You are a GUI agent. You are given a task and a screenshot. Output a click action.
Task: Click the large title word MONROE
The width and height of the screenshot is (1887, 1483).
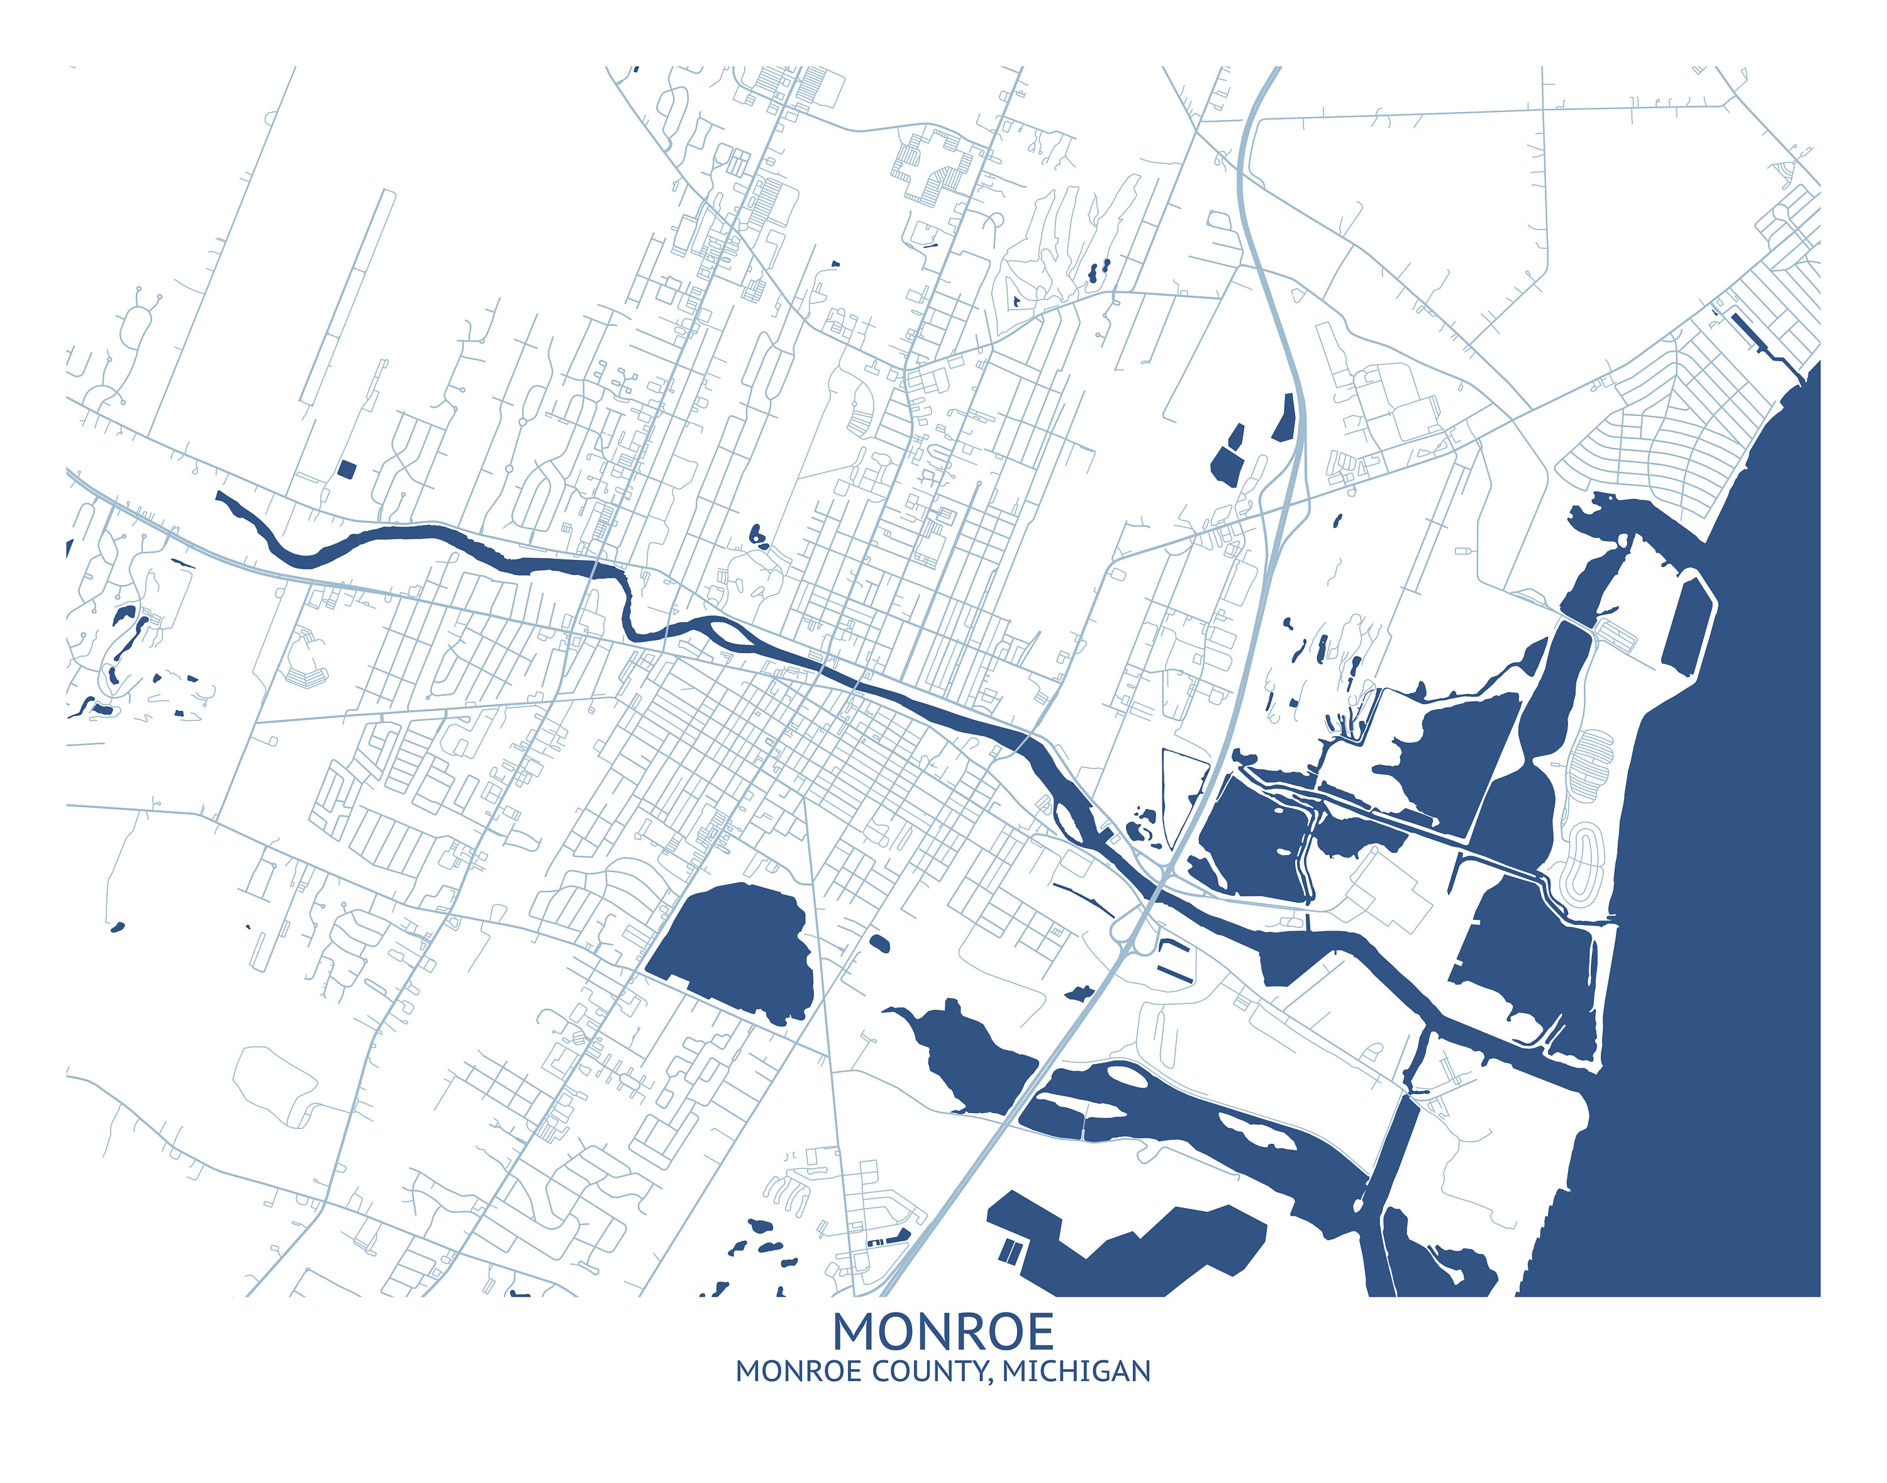tap(943, 1331)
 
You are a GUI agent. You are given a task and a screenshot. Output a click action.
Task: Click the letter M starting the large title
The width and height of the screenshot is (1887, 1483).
tap(854, 1331)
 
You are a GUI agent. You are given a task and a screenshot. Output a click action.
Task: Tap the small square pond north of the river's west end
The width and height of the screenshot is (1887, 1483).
tap(347, 470)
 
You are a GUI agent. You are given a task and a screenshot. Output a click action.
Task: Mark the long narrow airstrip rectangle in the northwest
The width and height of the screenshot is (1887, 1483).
tap(347, 295)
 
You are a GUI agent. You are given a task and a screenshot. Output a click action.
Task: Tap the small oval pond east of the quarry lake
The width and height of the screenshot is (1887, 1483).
tap(879, 943)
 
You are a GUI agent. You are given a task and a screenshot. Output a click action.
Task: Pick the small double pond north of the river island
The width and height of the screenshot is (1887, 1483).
tap(758, 537)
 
